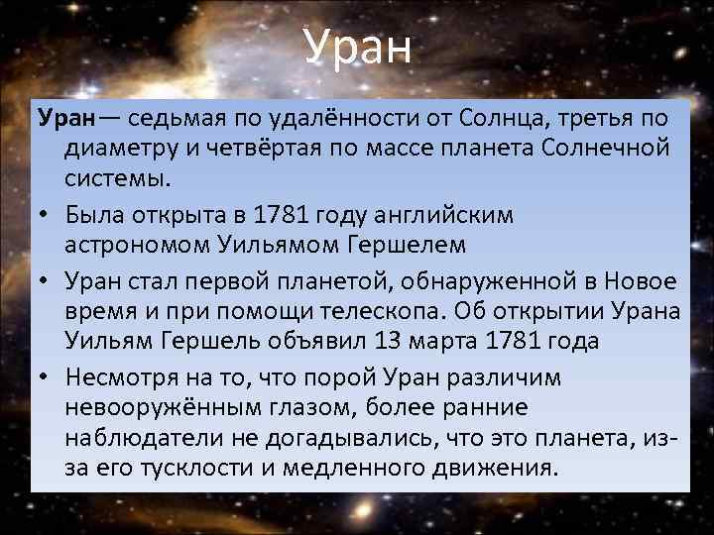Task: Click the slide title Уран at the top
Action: coord(357,47)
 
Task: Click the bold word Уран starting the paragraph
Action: coord(66,120)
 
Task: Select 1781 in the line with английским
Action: coord(278,213)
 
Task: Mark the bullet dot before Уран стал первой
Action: coord(45,282)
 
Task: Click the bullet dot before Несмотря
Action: coord(45,377)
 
